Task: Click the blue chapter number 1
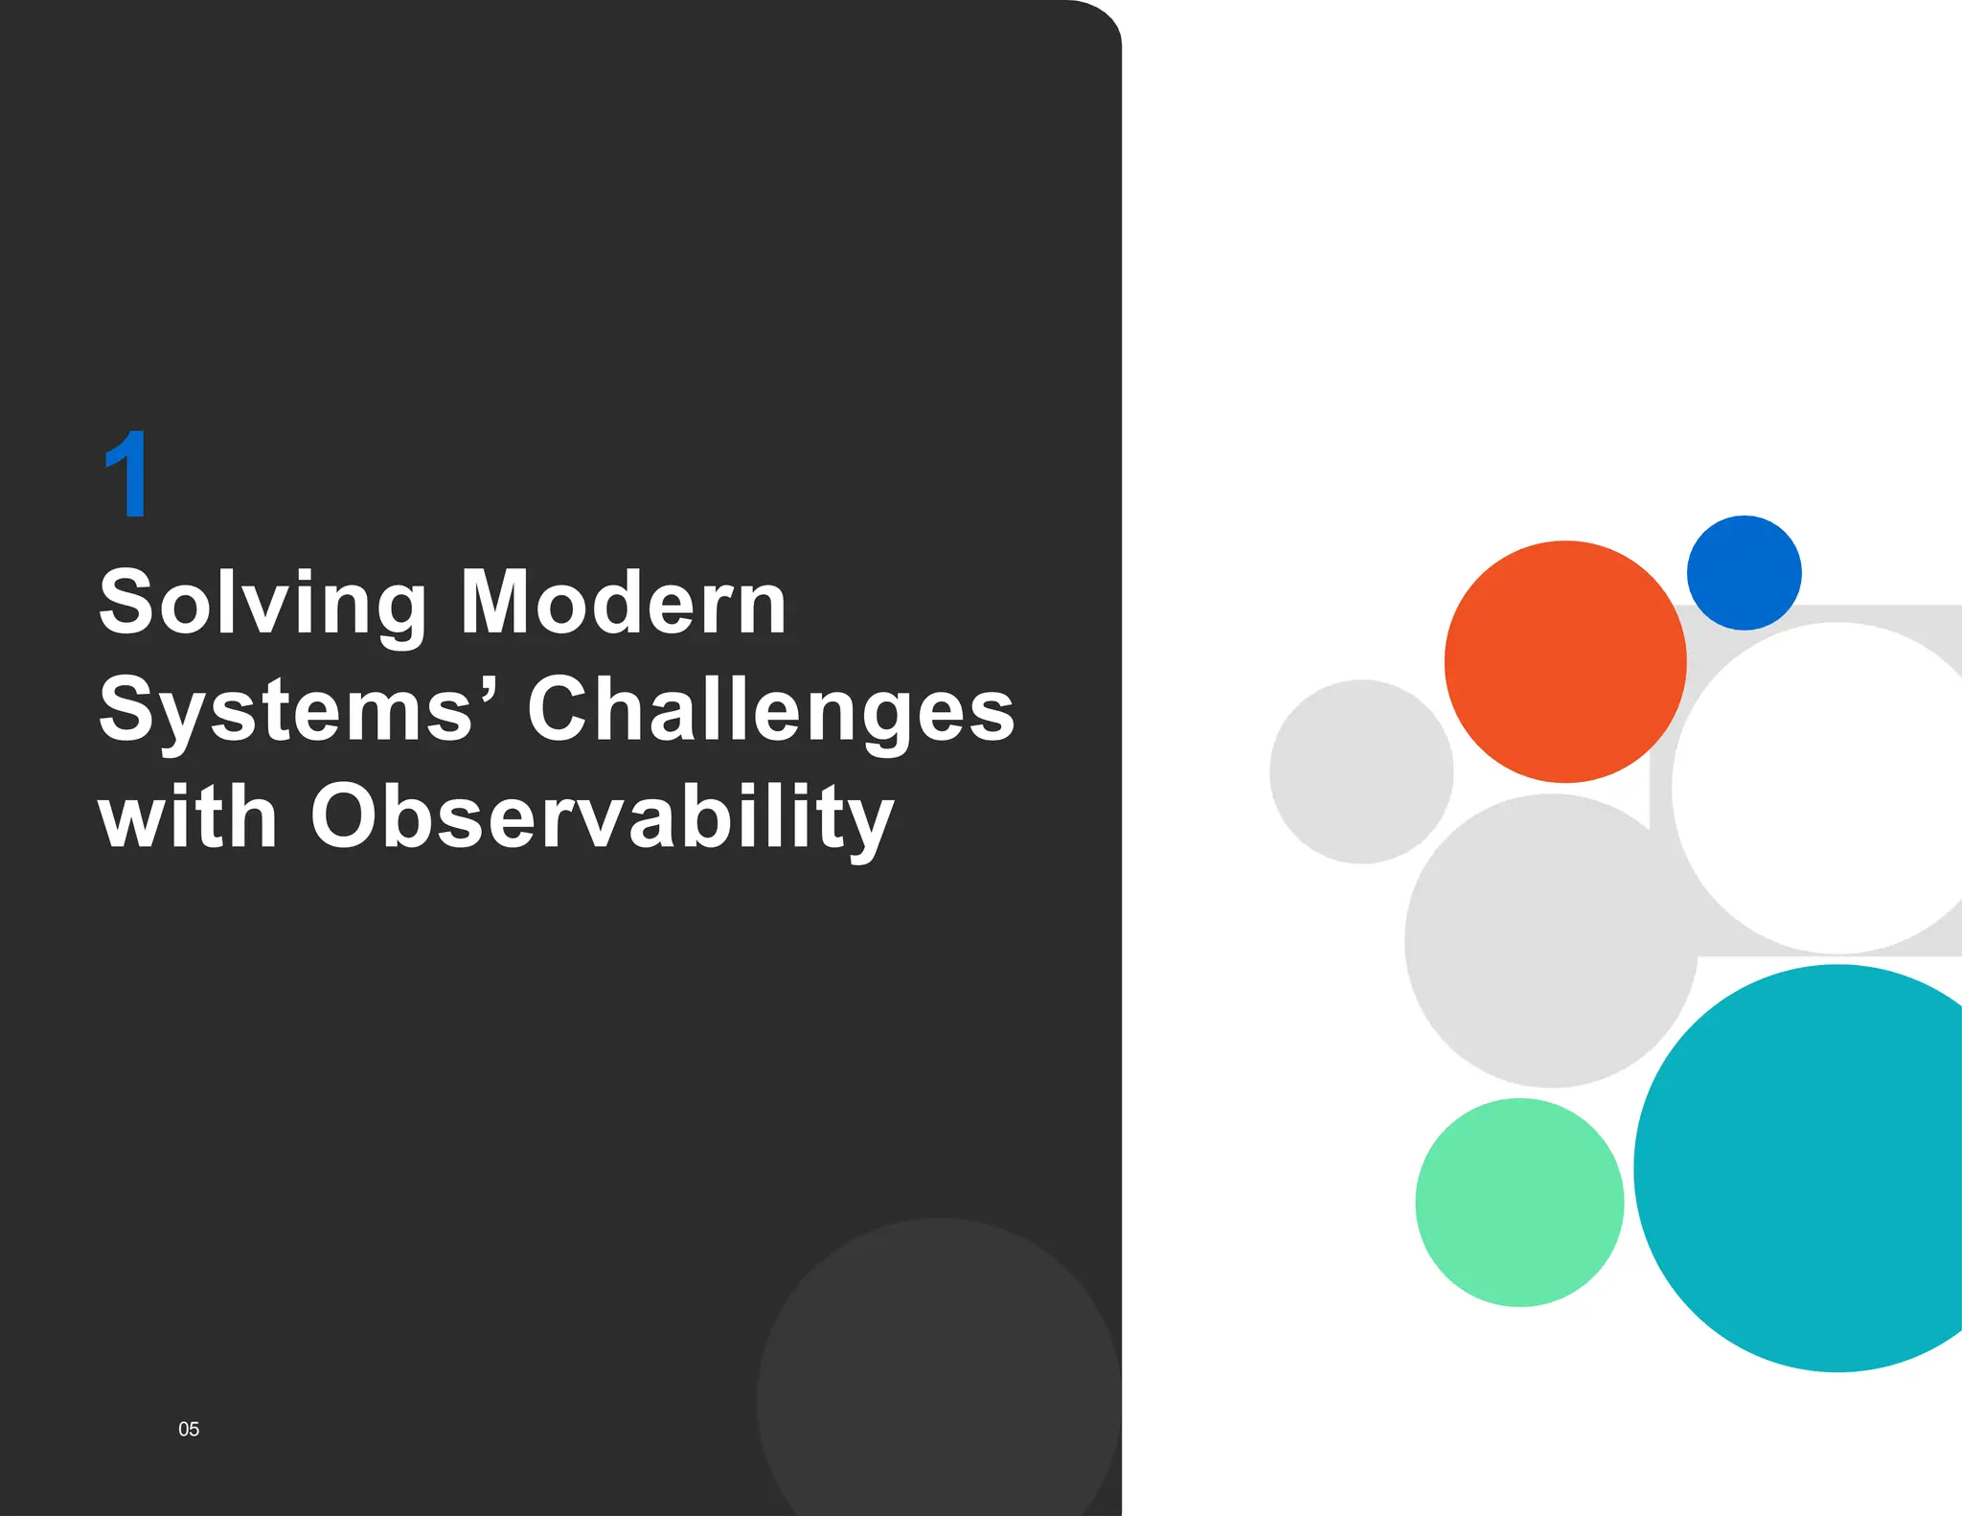pyautogui.click(x=126, y=474)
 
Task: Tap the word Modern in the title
pyautogui.click(x=624, y=603)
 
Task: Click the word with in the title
pyautogui.click(x=188, y=816)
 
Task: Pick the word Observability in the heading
pyautogui.click(x=603, y=818)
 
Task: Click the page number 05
pyautogui.click(x=189, y=1429)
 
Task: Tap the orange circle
pyautogui.click(x=1565, y=661)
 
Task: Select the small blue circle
pyautogui.click(x=1744, y=573)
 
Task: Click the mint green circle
pyautogui.click(x=1519, y=1202)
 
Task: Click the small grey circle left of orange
pyautogui.click(x=1361, y=771)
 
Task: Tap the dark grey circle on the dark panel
pyautogui.click(x=939, y=1380)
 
